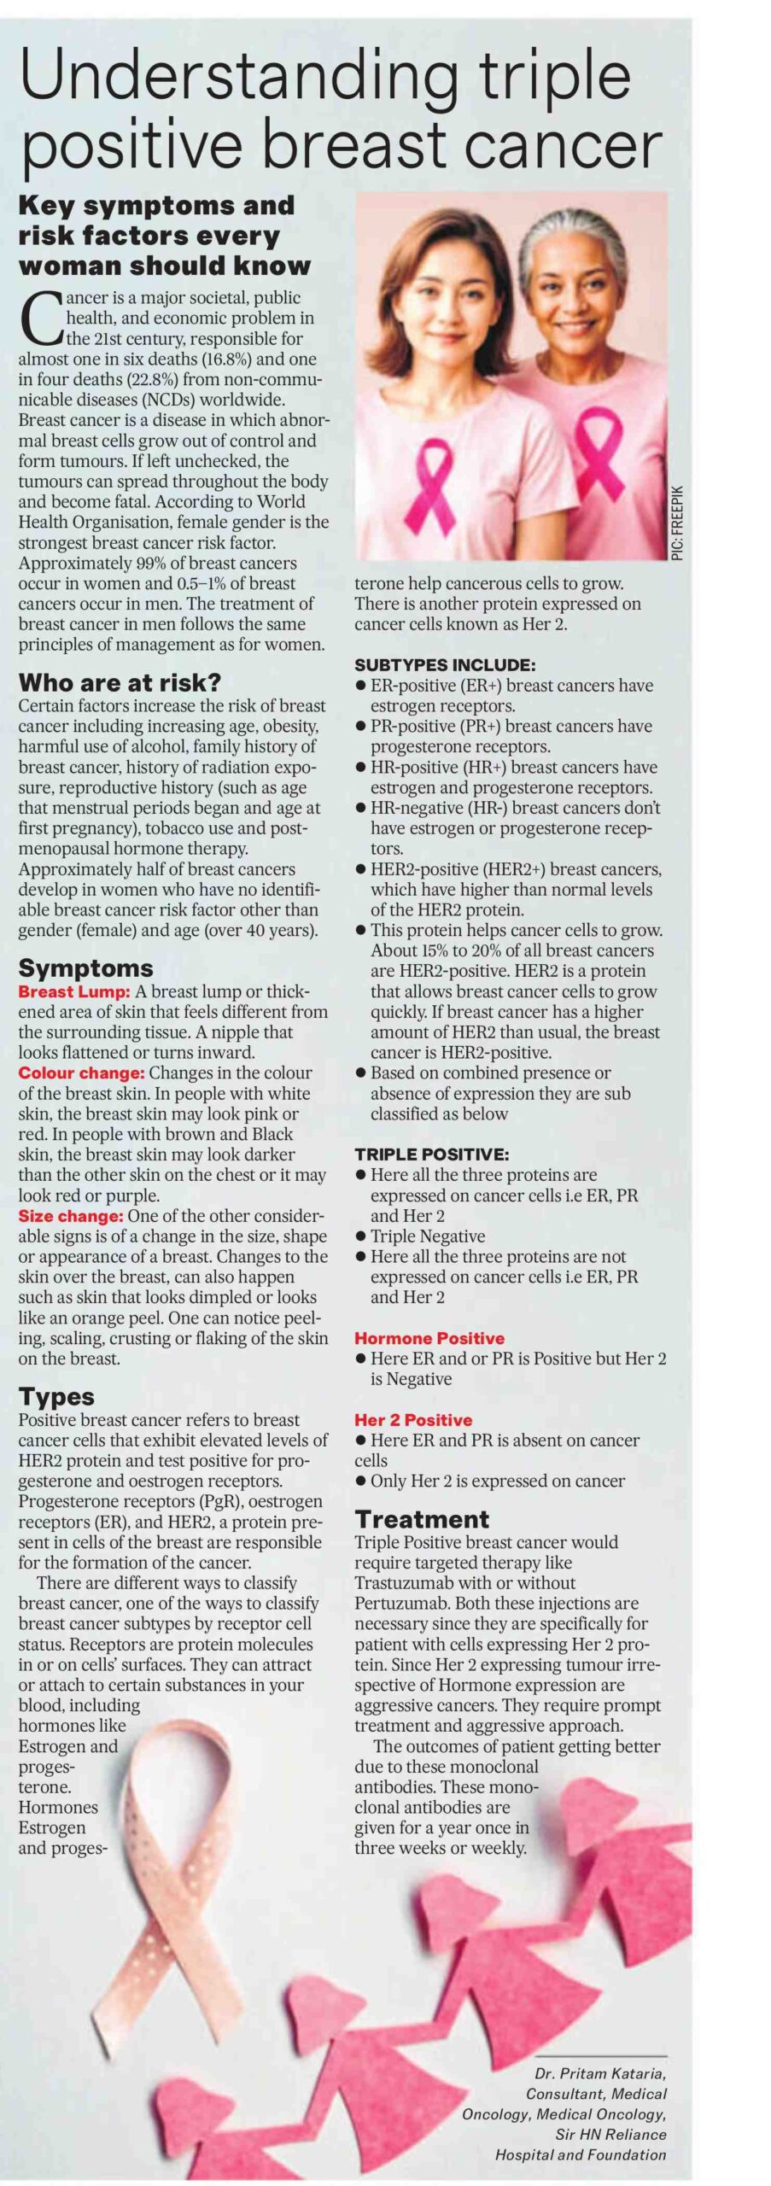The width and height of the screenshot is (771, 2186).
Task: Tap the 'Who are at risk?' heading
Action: click(x=120, y=682)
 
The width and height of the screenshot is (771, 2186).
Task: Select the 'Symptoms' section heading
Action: click(x=85, y=967)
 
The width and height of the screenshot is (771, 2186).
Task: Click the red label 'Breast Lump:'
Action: click(x=74, y=991)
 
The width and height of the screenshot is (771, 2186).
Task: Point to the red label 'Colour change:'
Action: click(x=80, y=1073)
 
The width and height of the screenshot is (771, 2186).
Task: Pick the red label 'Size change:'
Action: click(x=71, y=1216)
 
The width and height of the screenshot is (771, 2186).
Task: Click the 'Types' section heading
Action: click(x=56, y=1396)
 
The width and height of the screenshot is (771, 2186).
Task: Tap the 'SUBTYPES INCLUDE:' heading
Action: click(x=445, y=665)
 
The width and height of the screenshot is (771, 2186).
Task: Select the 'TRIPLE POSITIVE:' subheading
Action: click(x=432, y=1154)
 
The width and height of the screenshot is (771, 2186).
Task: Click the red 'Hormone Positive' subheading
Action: click(x=429, y=1338)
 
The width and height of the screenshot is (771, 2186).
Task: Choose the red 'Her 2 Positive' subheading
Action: click(x=413, y=1419)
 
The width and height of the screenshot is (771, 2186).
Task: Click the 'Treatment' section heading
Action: click(x=422, y=1519)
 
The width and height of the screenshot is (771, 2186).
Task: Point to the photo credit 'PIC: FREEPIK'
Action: click(x=678, y=523)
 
